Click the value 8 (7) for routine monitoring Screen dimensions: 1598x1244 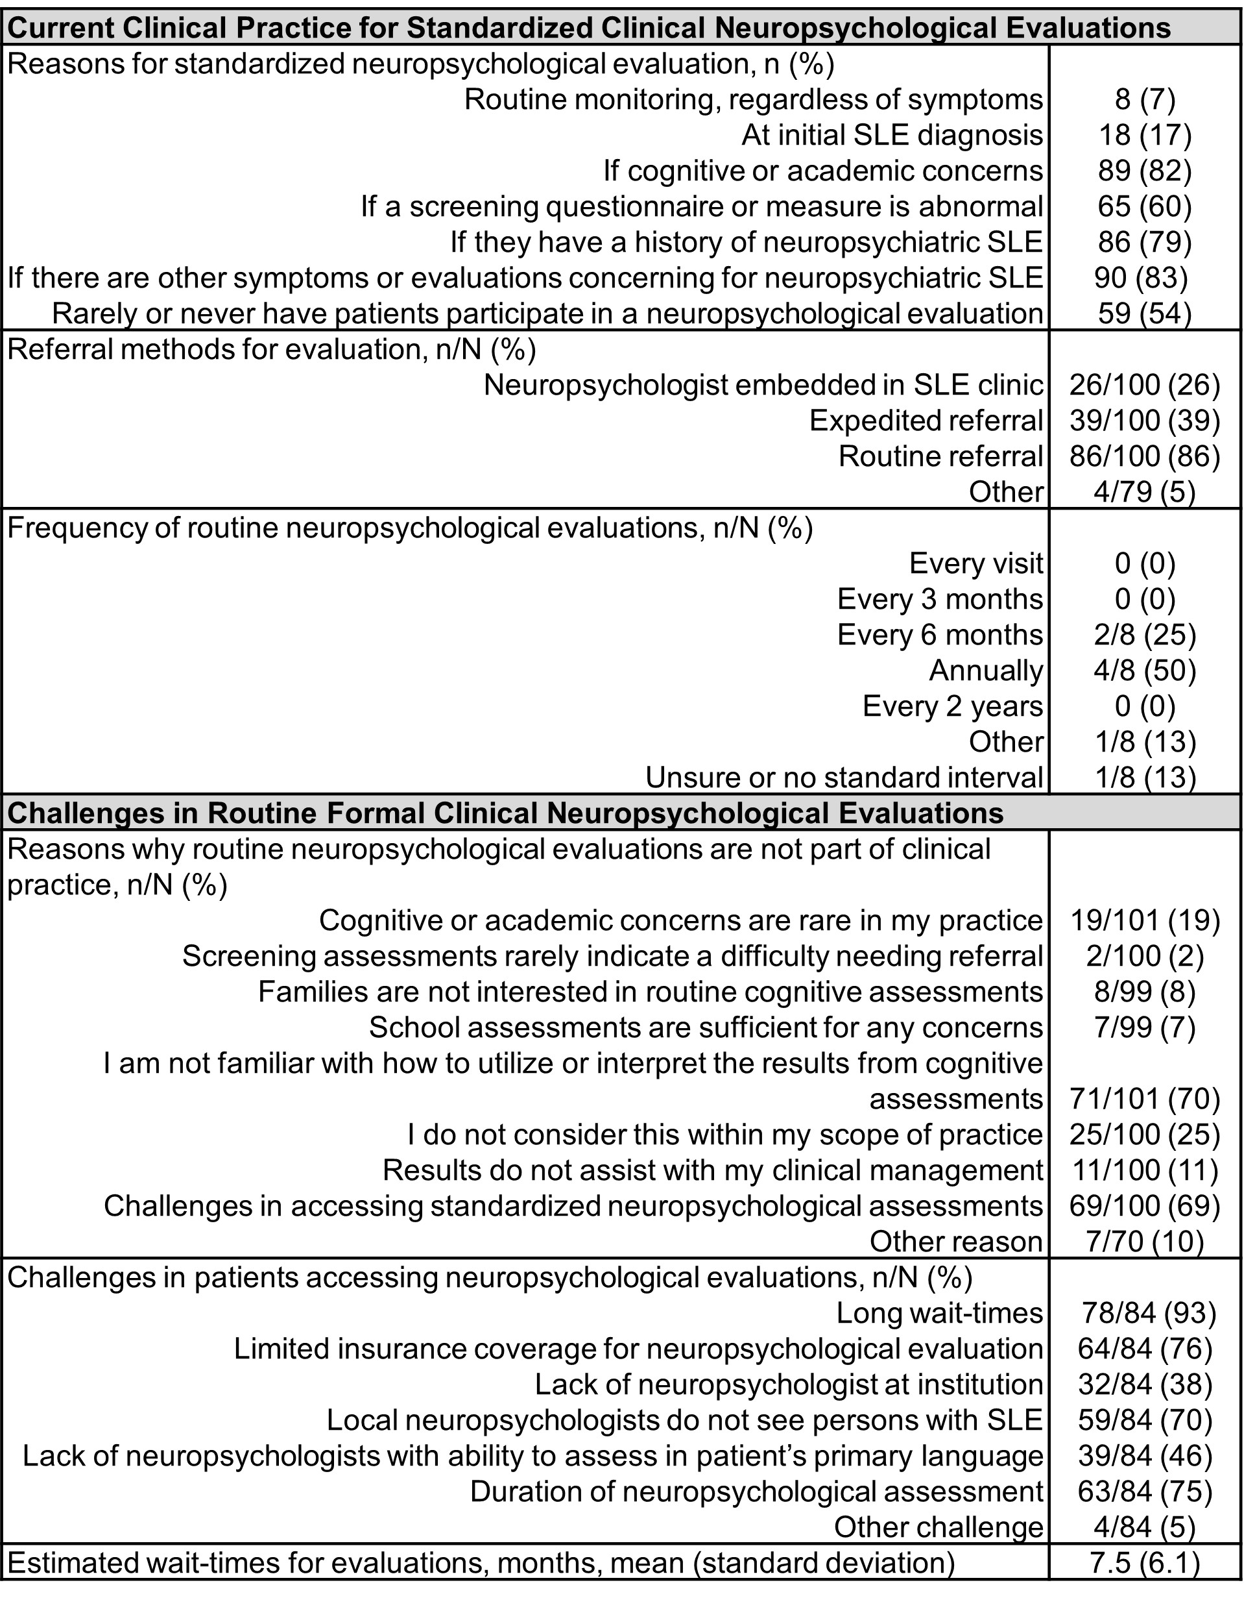(1145, 99)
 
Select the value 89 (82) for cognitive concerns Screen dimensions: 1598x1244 (1145, 171)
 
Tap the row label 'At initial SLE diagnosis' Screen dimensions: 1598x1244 (892, 136)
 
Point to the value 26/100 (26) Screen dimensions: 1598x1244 (1145, 385)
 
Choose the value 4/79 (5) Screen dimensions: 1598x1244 (1145, 492)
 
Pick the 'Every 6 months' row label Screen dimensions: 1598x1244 (940, 635)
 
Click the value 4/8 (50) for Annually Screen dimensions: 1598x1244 (1145, 670)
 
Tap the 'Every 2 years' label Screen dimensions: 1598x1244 (952, 706)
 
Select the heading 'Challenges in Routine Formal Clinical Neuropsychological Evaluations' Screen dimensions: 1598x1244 (505, 813)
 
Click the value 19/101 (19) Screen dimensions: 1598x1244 (1145, 920)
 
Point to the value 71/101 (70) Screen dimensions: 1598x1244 (1145, 1099)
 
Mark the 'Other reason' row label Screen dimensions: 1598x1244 (956, 1242)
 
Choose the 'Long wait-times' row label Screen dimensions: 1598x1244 (939, 1313)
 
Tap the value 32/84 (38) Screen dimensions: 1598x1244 (1145, 1384)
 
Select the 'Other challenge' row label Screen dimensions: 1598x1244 (939, 1527)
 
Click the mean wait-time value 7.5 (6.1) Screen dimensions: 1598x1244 (1145, 1563)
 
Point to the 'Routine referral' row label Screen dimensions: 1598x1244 (940, 456)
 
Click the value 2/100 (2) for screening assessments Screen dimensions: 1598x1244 (1145, 956)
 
